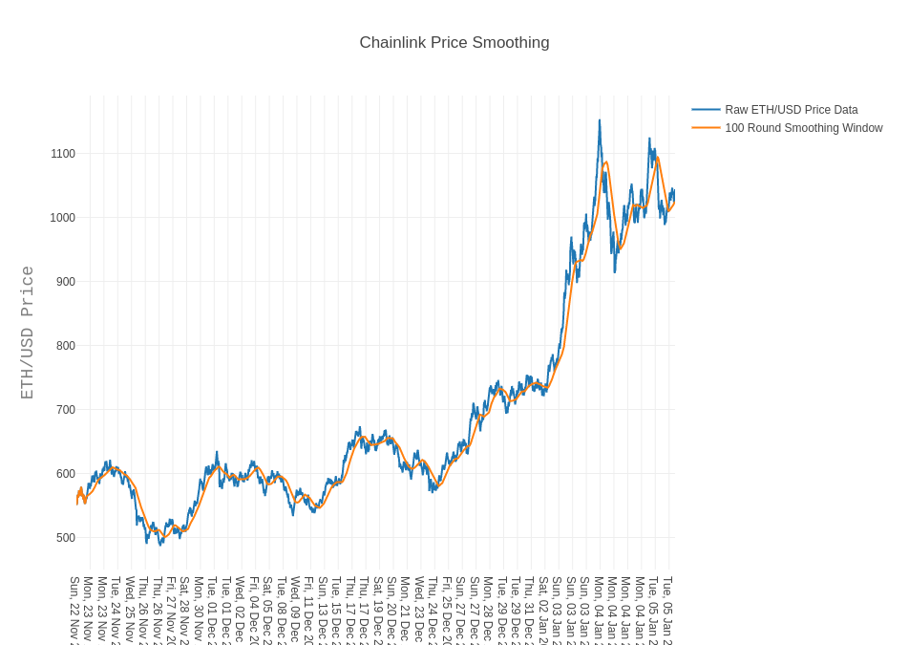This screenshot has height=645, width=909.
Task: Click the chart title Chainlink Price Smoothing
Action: tap(454, 43)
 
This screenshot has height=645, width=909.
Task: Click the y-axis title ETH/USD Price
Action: tap(28, 333)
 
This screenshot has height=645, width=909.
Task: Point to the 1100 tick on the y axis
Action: tap(63, 154)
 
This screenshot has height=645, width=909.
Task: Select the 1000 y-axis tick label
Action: tap(63, 218)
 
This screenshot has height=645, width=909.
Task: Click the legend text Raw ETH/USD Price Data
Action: tap(792, 110)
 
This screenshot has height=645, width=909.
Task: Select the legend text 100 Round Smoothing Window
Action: tap(804, 128)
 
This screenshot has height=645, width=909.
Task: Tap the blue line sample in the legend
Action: tap(706, 110)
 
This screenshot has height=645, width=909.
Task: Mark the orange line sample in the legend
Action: tap(706, 128)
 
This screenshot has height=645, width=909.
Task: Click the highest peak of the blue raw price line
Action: tap(600, 120)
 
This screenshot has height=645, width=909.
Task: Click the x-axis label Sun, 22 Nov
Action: tap(74, 609)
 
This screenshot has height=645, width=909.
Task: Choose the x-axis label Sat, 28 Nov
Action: tap(184, 609)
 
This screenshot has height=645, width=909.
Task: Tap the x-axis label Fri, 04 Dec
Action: tap(254, 609)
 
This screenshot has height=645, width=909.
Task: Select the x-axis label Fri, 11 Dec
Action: tap(308, 609)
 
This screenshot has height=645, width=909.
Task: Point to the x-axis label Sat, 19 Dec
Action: tap(378, 609)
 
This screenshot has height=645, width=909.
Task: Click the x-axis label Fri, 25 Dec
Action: tap(447, 609)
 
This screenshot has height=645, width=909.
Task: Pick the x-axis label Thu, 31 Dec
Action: tap(529, 609)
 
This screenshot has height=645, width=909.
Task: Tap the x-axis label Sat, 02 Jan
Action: tap(543, 609)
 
